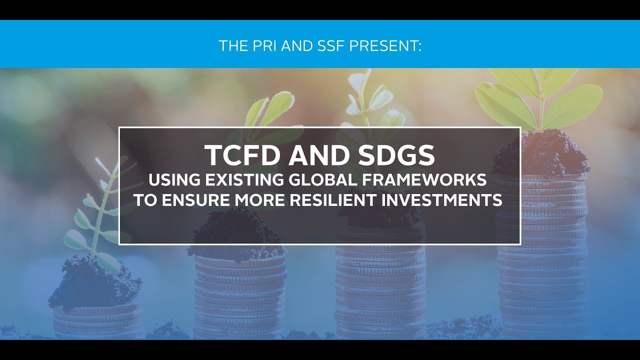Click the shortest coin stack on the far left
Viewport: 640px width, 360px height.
(x=98, y=320)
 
